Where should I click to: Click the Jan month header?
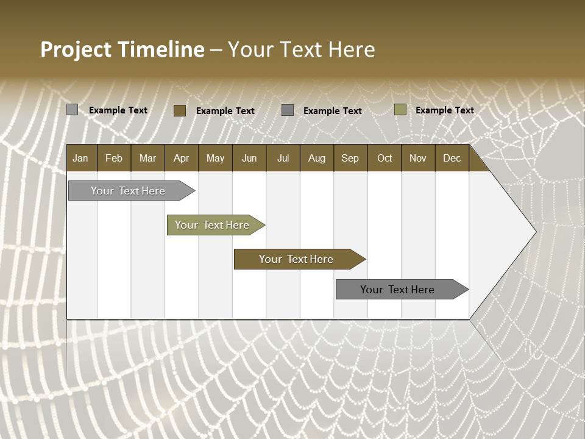[81, 158]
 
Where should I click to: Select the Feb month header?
[114, 158]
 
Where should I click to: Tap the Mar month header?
[147, 158]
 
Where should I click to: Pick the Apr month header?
[182, 158]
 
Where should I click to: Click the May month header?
[215, 158]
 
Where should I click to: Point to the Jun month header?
[249, 158]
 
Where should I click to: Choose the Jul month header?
[283, 158]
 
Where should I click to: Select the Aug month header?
[317, 158]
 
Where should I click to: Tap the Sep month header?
[350, 158]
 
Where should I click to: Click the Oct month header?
[385, 158]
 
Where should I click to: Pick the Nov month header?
[418, 158]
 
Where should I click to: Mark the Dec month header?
[452, 158]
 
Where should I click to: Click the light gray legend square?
[73, 110]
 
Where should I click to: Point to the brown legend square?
[180, 110]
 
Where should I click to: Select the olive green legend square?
[400, 110]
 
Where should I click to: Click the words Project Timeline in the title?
[122, 49]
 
